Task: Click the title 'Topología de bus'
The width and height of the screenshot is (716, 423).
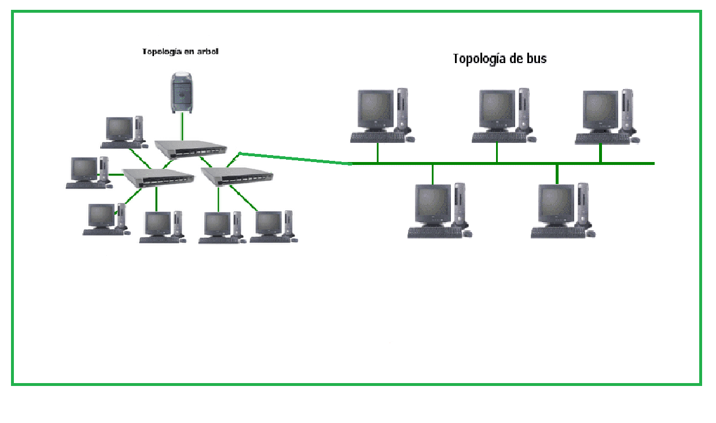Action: [x=499, y=58]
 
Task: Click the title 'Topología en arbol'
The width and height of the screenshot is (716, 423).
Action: [x=180, y=52]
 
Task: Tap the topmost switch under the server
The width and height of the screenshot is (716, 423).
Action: [x=190, y=148]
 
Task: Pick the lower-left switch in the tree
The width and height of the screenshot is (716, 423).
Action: [x=157, y=176]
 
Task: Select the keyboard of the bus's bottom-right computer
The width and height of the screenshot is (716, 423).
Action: [x=557, y=233]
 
